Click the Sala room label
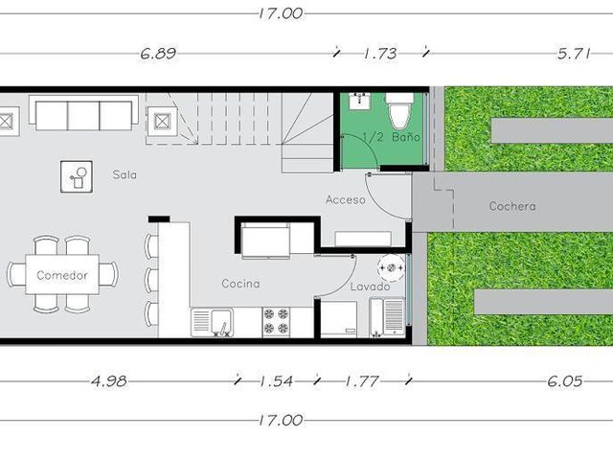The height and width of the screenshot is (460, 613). coord(125,174)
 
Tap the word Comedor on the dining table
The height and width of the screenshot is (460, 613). coord(62,275)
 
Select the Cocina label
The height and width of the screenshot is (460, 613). coord(240,284)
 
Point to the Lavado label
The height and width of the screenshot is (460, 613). coord(370,287)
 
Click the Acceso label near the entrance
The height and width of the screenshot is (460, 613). coord(346,199)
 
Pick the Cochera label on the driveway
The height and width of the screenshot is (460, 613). coord(512,206)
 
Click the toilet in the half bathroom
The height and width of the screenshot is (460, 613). coord(399,111)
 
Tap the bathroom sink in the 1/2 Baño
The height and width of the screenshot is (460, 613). coord(360,101)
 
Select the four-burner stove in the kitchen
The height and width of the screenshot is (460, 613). coord(277,322)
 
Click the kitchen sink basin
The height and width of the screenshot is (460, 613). coord(222,322)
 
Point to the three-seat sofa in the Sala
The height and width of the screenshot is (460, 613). coord(83,112)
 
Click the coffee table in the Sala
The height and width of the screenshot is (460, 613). coord(77,176)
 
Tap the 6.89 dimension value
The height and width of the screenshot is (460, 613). coord(158,54)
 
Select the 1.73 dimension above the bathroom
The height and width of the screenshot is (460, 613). coord(380,54)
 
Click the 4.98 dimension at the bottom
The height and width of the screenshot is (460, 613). coord(108,380)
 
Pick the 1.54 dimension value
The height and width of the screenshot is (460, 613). coord(277,380)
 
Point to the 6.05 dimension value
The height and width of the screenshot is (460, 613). coord(564,380)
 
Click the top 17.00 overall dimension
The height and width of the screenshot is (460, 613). coord(281,13)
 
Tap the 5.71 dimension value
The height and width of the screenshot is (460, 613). coord(574,54)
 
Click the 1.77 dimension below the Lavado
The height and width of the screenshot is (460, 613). coord(362,380)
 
